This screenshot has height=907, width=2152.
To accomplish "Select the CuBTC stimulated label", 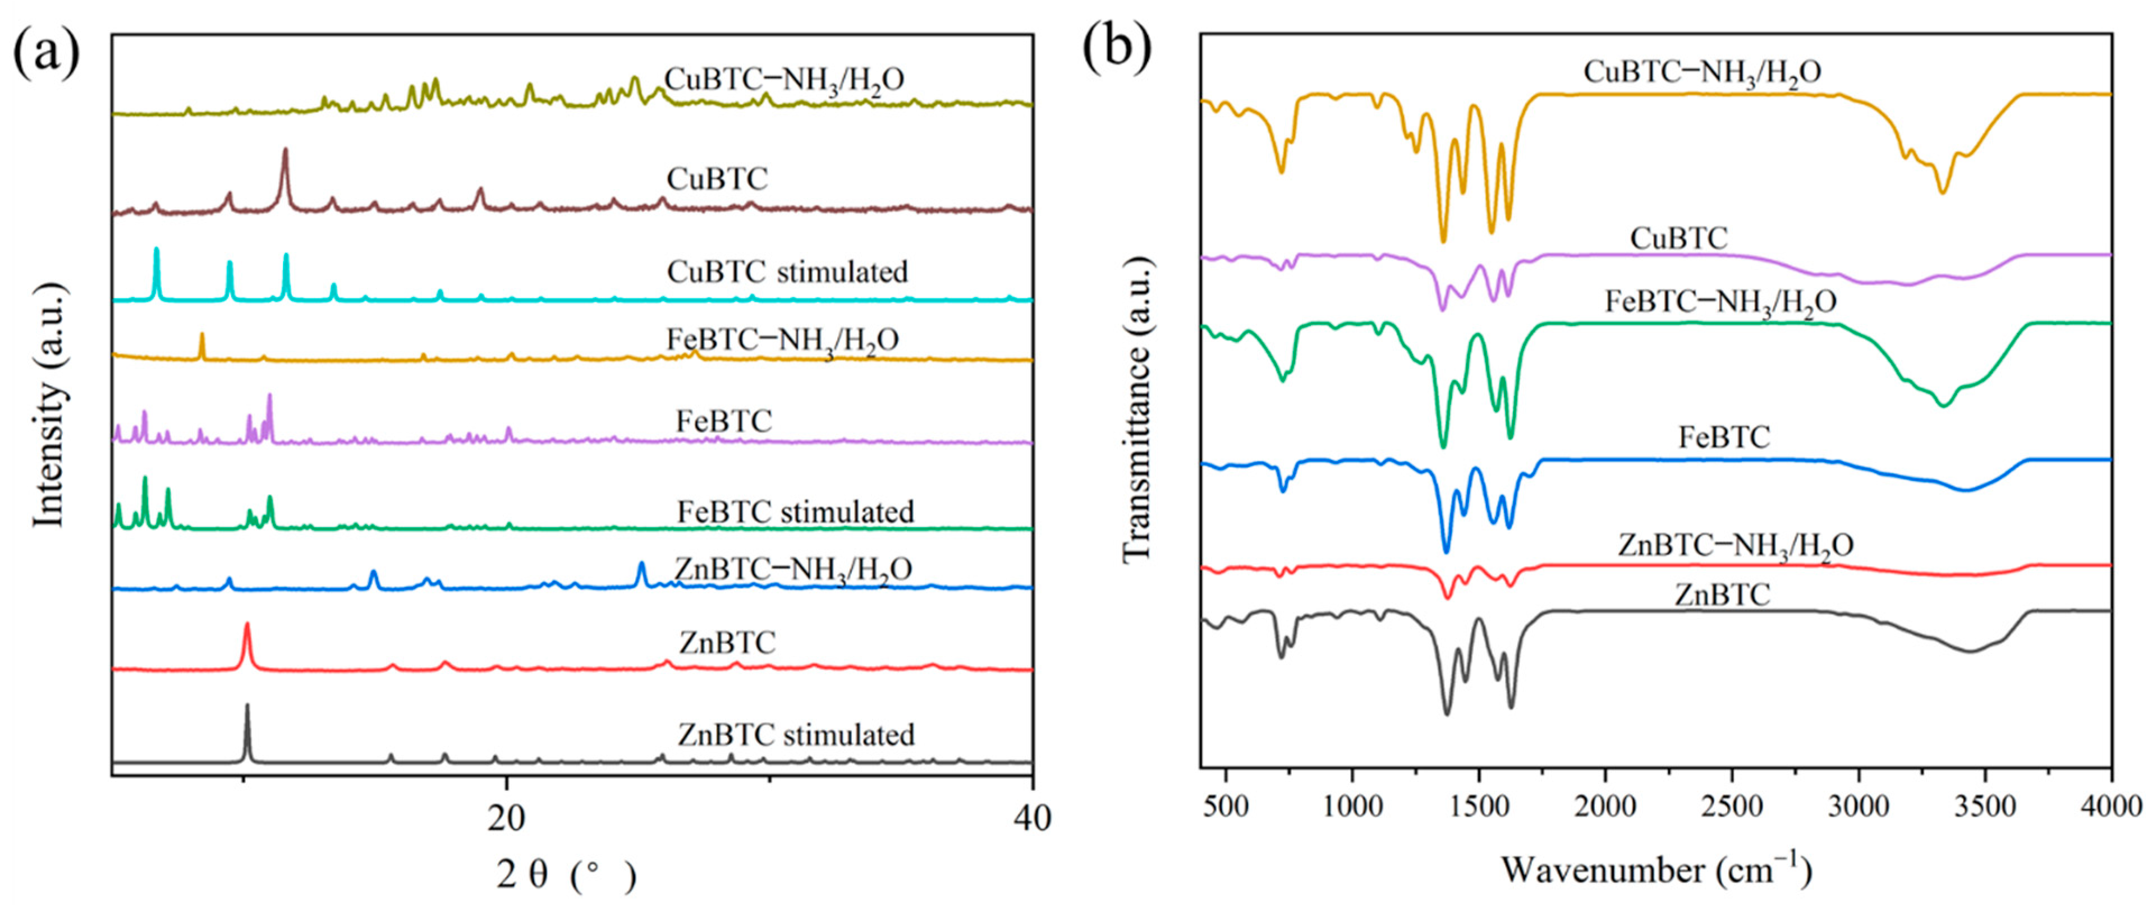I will [787, 271].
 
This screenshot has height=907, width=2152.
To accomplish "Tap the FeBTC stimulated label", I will [795, 511].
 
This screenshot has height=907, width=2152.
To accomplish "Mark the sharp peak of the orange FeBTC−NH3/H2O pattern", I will [201, 336].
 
